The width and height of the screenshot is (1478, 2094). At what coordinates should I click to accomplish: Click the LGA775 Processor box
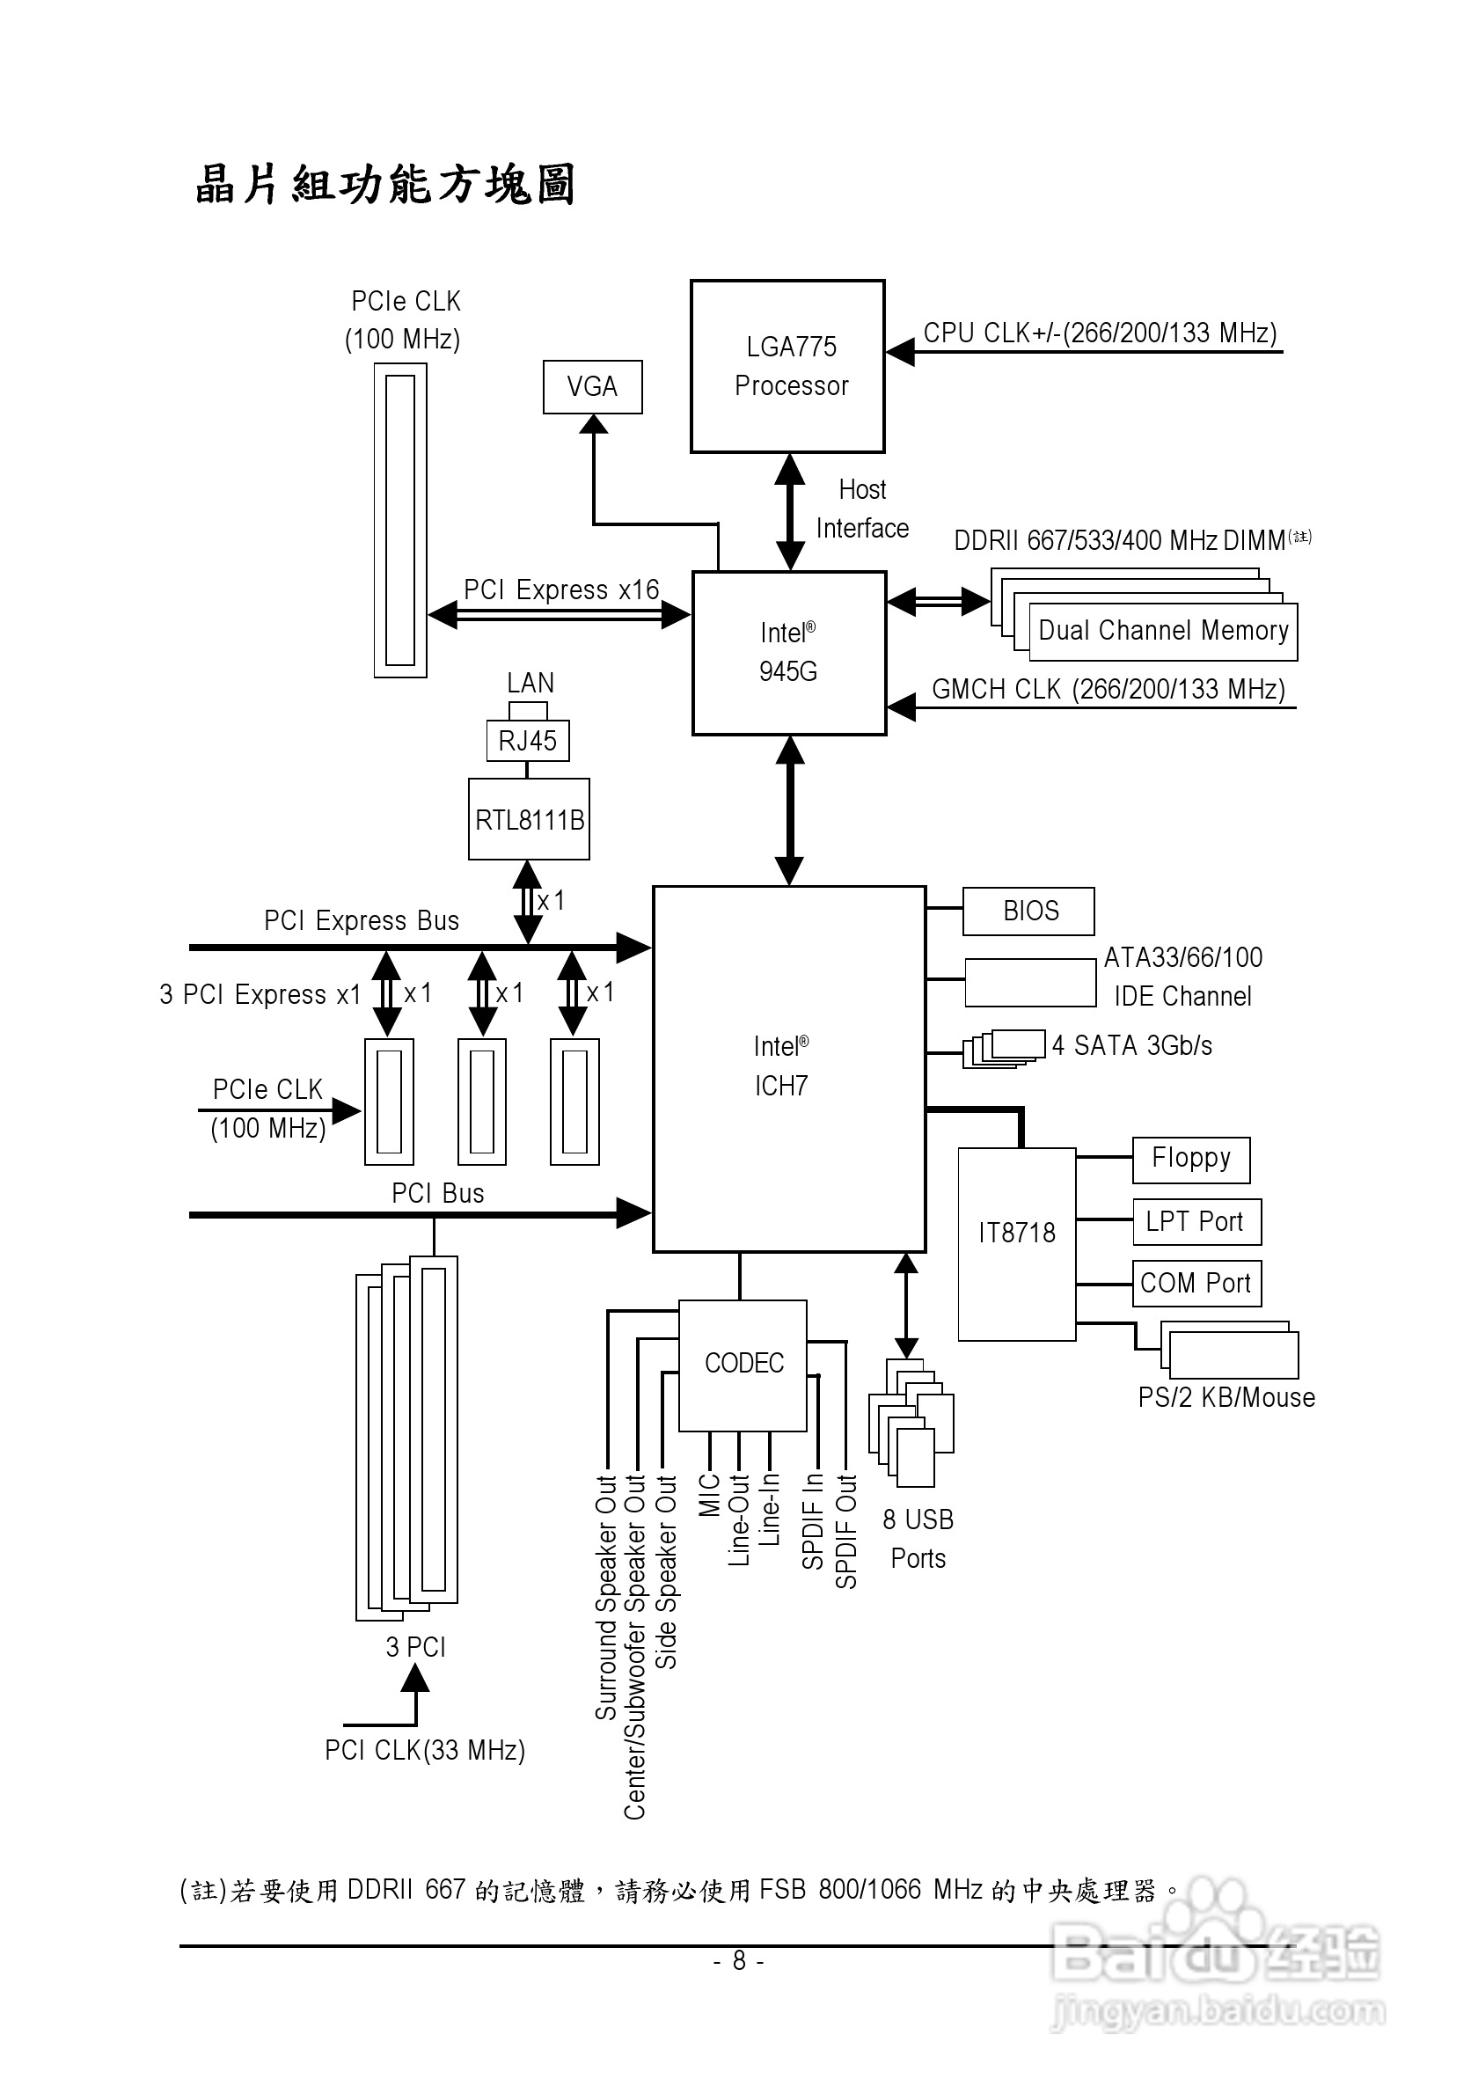click(787, 366)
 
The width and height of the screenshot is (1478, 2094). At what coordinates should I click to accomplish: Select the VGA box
click(592, 387)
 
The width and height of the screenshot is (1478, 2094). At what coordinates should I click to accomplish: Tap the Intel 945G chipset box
click(788, 653)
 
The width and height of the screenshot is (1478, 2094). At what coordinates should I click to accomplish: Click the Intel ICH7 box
click(788, 1068)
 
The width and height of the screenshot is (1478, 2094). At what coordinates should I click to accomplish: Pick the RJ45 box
click(528, 741)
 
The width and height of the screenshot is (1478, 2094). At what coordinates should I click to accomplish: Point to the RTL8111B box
click(529, 819)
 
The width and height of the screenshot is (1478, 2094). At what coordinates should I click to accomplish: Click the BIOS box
click(1028, 912)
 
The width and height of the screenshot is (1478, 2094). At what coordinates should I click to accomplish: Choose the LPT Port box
click(1196, 1222)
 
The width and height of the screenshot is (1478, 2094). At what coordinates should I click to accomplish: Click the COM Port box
click(1196, 1283)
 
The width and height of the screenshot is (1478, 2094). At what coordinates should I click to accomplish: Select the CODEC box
click(743, 1364)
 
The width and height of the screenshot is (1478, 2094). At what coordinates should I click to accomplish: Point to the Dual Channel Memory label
click(1163, 631)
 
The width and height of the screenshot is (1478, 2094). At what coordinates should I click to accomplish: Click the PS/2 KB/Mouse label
click(1226, 1398)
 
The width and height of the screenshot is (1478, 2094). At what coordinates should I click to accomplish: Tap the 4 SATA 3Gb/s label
click(1131, 1046)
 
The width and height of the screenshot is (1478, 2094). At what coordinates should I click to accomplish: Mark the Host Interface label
click(861, 509)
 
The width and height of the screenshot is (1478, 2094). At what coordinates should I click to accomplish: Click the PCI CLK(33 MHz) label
click(425, 1750)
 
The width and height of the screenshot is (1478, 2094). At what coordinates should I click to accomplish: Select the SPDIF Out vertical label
click(847, 1531)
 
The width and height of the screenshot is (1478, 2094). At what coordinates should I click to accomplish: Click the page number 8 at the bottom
click(738, 1960)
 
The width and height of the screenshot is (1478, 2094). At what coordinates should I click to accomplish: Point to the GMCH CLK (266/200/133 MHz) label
click(1108, 690)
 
